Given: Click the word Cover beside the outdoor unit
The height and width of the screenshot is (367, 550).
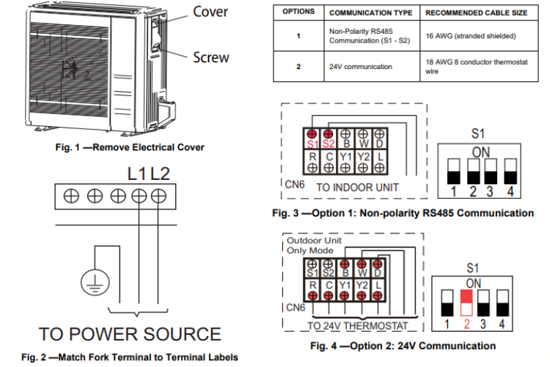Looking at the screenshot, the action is (x=210, y=12).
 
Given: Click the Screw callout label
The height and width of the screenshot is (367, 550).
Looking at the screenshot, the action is (x=211, y=57).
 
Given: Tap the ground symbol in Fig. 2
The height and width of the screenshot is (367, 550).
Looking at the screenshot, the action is (x=95, y=283).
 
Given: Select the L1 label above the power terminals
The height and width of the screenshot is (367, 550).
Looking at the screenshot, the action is (x=137, y=173).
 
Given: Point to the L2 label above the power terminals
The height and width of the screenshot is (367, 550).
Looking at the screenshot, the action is (x=161, y=173).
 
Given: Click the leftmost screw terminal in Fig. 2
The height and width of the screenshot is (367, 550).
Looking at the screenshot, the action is (x=71, y=196).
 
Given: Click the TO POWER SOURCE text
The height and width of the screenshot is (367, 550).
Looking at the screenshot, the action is (x=130, y=334).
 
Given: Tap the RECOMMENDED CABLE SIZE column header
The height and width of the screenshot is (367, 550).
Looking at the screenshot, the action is (x=477, y=13).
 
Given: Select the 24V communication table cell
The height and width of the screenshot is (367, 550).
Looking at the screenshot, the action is (x=361, y=67).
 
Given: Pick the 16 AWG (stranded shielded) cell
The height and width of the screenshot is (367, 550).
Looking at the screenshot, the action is (x=471, y=36).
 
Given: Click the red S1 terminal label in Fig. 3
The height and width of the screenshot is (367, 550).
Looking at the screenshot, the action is (x=312, y=144).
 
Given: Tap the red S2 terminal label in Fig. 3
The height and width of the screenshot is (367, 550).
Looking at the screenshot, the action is (x=329, y=144).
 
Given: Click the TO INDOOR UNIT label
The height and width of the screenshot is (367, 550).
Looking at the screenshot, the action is (x=357, y=188).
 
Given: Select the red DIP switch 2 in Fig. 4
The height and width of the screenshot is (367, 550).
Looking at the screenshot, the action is (x=466, y=302).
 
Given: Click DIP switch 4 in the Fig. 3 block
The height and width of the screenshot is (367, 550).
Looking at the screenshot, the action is (x=510, y=171).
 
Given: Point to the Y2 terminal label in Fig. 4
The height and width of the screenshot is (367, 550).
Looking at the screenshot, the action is (x=362, y=286).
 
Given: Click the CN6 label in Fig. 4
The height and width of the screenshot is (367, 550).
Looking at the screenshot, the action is (x=296, y=308).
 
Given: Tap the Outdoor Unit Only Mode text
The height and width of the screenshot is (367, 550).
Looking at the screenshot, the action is (x=314, y=245).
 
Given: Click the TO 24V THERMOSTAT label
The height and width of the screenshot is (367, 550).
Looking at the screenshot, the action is (x=358, y=326).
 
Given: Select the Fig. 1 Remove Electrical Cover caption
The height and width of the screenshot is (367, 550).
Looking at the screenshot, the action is (x=130, y=147).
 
